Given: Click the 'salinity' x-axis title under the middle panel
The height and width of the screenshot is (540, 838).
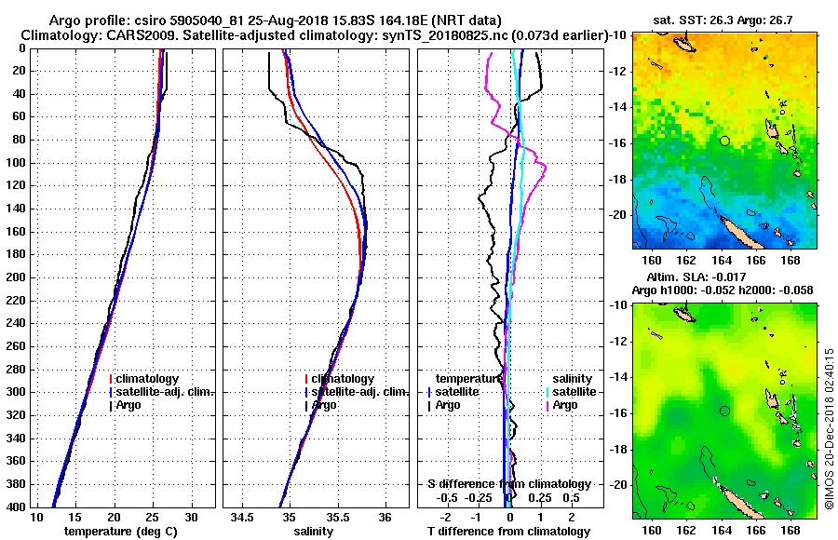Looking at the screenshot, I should (x=314, y=532).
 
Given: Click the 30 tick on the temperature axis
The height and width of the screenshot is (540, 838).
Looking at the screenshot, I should (x=192, y=517).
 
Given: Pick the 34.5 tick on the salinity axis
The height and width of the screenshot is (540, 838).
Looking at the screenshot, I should (x=244, y=517).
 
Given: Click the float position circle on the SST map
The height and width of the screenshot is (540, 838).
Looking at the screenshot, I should (x=724, y=141).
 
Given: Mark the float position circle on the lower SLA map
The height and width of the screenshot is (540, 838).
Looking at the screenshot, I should (x=724, y=411).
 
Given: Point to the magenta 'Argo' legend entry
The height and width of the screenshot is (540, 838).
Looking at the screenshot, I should (x=564, y=405).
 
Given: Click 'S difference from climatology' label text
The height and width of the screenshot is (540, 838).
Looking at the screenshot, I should (x=508, y=484).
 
